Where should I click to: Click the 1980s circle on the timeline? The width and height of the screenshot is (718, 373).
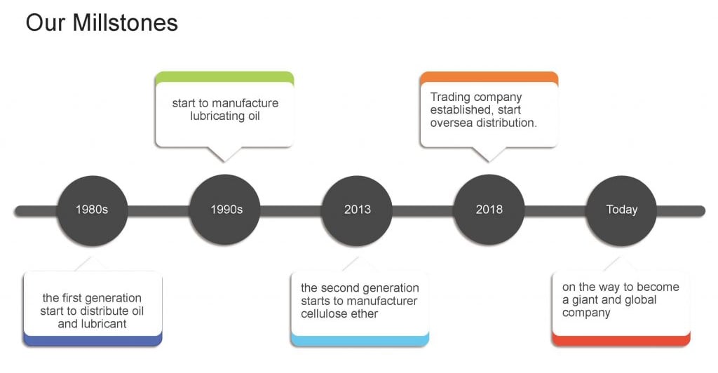tap(92, 210)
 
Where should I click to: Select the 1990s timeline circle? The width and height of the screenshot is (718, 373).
tap(226, 210)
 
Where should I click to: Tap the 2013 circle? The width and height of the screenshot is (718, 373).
tap(357, 210)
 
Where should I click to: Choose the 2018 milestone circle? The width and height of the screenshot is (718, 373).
tap(489, 210)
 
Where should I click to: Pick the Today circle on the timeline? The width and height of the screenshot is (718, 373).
tap(621, 210)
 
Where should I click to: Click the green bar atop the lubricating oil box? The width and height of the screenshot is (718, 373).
tap(224, 76)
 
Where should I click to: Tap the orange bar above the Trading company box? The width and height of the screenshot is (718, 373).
tap(489, 76)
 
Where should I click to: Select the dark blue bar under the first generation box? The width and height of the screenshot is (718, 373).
tap(93, 340)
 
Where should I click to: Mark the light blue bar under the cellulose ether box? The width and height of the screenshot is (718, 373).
tap(359, 340)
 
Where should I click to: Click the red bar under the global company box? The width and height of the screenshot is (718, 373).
tap(621, 340)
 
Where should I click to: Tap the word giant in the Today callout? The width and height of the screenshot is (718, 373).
tap(588, 300)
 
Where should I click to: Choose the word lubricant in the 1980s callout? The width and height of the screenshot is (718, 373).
tap(102, 324)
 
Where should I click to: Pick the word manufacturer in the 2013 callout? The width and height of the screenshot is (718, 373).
tap(385, 301)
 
